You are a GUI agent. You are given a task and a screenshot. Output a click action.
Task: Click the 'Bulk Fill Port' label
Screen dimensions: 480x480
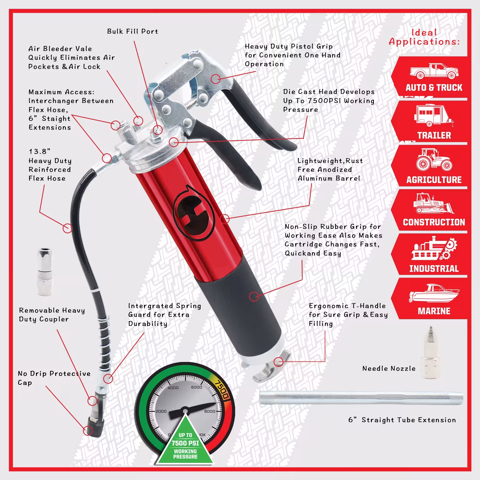(133, 31)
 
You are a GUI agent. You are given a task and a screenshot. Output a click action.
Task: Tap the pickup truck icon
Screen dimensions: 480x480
(434, 71)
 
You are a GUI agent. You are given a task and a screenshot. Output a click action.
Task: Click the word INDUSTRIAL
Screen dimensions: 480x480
(434, 269)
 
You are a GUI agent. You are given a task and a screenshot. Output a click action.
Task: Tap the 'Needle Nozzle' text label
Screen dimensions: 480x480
(389, 369)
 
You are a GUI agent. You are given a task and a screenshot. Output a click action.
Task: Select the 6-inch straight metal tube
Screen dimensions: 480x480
(361, 398)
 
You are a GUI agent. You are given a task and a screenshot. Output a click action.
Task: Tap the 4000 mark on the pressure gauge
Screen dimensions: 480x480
(173, 388)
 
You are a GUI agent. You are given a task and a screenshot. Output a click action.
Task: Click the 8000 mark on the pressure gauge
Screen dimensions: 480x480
(210, 411)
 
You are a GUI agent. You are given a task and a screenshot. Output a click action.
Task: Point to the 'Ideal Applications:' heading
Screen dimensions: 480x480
(424, 37)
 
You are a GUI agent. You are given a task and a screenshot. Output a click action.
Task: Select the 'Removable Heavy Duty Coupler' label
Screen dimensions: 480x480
(52, 315)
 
